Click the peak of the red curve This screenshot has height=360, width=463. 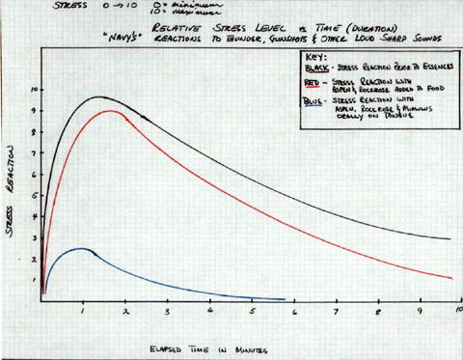(113, 111)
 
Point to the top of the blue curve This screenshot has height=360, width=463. (83, 248)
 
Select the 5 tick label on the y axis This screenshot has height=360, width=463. (33, 193)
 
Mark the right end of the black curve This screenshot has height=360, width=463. (451, 239)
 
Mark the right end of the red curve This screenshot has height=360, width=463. (451, 278)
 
